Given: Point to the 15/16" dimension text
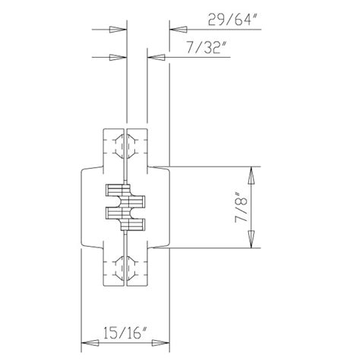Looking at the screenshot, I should [x=123, y=331].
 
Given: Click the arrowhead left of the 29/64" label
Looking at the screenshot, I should [x=176, y=30].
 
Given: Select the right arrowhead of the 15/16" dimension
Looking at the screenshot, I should [x=159, y=343].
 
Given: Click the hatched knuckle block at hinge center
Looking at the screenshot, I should [x=124, y=207].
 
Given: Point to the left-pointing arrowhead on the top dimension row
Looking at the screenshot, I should [x=176, y=30].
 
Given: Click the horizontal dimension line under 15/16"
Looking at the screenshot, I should [x=124, y=343].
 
